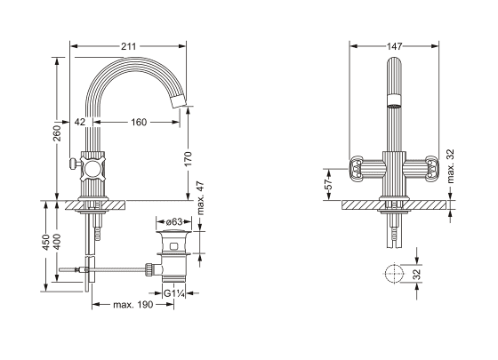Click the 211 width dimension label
pos(128,46)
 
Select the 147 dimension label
pos(394,46)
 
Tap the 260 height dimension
pos(57,133)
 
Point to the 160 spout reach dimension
pos(139,122)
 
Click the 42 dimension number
pos(80,122)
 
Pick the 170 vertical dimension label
pos(188,159)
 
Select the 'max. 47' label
pos(200,198)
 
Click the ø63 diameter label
pos(174,221)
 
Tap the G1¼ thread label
pos(174,293)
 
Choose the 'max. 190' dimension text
pos(133,305)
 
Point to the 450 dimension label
pos(46,242)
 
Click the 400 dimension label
pos(57,242)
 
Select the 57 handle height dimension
pos(329,183)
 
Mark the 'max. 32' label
pos(451,166)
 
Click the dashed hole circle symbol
pos(394,273)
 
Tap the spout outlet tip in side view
pos(178,101)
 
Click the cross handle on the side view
pos(92,168)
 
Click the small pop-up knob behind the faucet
pos(73,164)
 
